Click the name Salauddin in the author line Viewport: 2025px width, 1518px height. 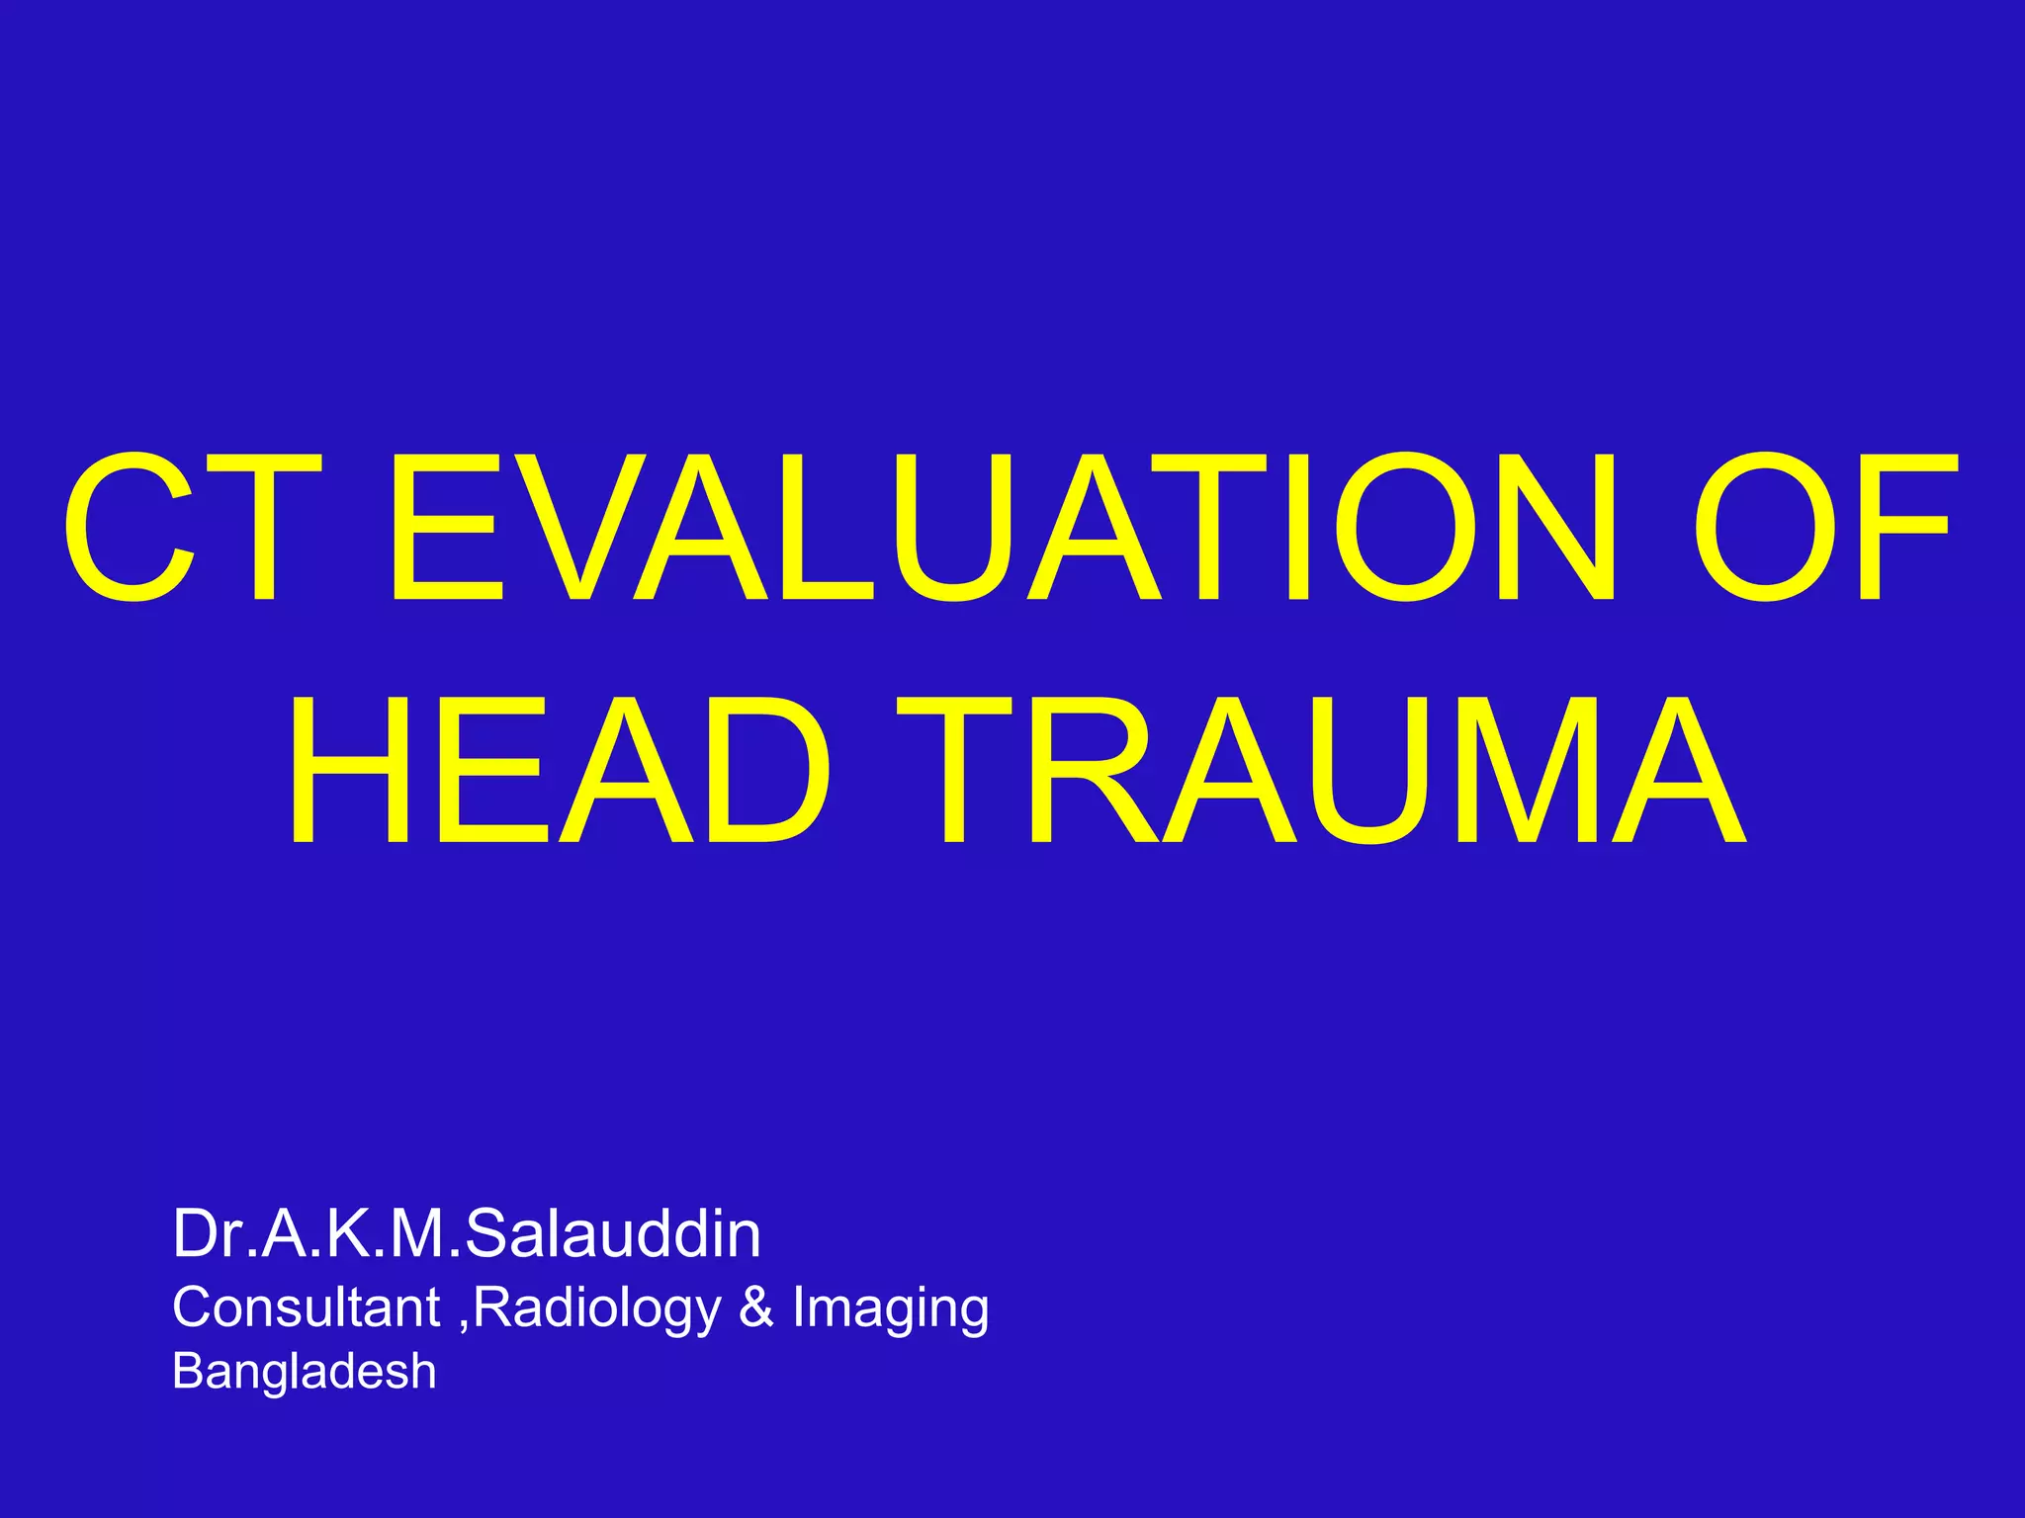613,1234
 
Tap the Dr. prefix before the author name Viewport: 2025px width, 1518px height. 214,1234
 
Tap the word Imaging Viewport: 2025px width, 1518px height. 890,1309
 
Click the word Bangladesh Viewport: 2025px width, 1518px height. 304,1372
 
